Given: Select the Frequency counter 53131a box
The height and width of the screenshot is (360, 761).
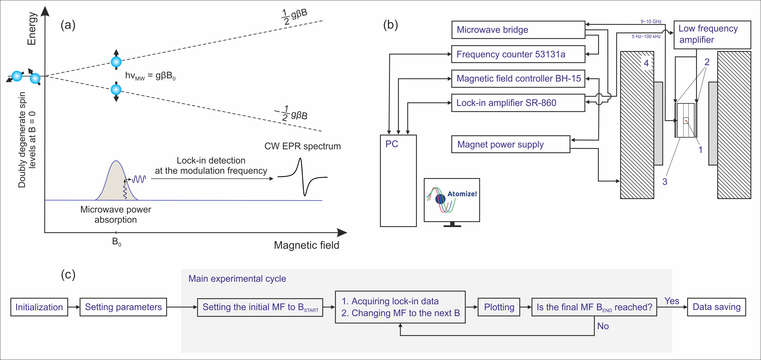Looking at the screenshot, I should tap(518, 54).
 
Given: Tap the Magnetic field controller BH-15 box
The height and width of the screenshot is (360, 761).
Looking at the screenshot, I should tap(518, 79).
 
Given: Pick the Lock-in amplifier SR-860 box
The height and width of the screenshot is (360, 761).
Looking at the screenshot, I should tap(518, 103).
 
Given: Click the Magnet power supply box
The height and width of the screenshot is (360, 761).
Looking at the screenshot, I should tap(510, 144).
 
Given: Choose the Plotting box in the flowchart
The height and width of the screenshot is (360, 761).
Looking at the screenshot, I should tap(499, 307).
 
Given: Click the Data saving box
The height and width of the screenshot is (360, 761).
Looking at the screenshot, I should tap(716, 307).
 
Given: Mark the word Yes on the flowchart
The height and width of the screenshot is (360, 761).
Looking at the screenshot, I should tap(672, 301).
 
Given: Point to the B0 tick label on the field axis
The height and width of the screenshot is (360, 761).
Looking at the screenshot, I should tap(116, 242).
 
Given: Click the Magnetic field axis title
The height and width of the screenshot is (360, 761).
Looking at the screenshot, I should tap(306, 245).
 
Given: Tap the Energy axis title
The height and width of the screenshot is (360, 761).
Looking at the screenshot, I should tap(32, 28).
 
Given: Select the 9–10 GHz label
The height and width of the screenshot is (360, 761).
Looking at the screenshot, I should tap(651, 21).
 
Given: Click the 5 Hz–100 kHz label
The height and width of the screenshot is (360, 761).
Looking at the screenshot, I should tap(646, 36).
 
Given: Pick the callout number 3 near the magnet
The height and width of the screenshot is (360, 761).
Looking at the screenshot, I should tap(665, 182).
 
